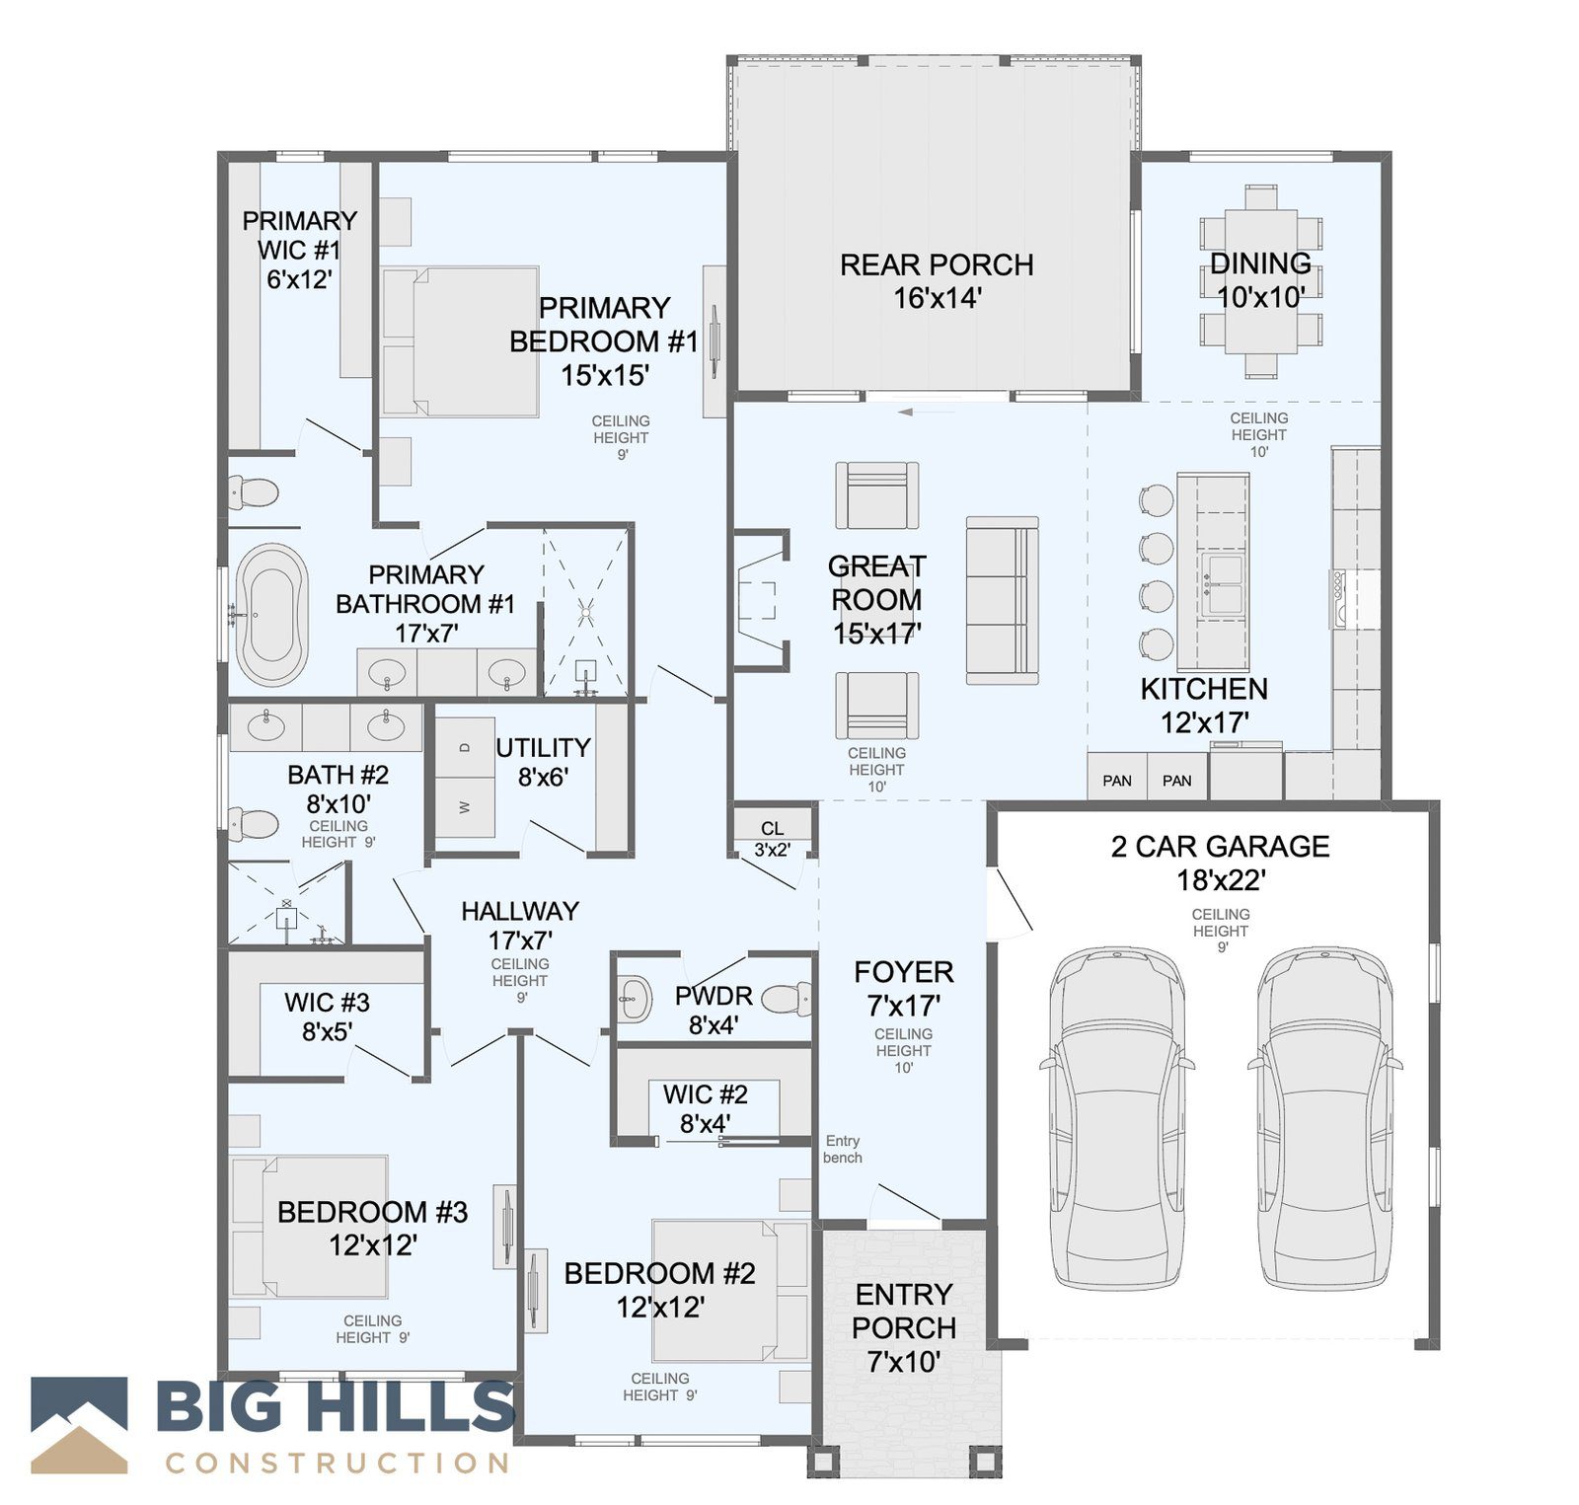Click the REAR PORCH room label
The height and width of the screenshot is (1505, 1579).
click(x=937, y=281)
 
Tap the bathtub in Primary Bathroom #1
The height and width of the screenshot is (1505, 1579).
click(x=270, y=614)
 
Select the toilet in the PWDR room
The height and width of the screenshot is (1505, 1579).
click(x=788, y=999)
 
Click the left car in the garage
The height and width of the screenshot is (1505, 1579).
click(x=1116, y=1118)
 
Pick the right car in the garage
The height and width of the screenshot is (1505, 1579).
click(x=1324, y=1118)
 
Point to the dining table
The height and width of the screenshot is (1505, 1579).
click(x=1261, y=281)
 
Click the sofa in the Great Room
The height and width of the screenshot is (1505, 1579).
click(x=1003, y=600)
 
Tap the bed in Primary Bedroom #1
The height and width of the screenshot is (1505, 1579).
click(x=461, y=341)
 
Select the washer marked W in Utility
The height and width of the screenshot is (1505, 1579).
click(x=466, y=807)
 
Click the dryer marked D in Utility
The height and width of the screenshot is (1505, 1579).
click(x=466, y=747)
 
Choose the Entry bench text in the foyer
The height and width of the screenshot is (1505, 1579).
click(x=843, y=1149)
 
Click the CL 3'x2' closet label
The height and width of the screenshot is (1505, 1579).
click(x=772, y=839)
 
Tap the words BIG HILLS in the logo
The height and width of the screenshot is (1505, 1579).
click(x=337, y=1405)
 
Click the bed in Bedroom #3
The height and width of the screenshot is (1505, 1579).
click(x=308, y=1227)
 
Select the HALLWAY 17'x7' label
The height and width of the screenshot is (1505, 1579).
click(x=520, y=925)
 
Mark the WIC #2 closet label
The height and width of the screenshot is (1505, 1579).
click(x=706, y=1108)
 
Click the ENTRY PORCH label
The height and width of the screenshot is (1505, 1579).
click(x=904, y=1327)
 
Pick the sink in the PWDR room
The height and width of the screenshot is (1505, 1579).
click(x=635, y=999)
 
